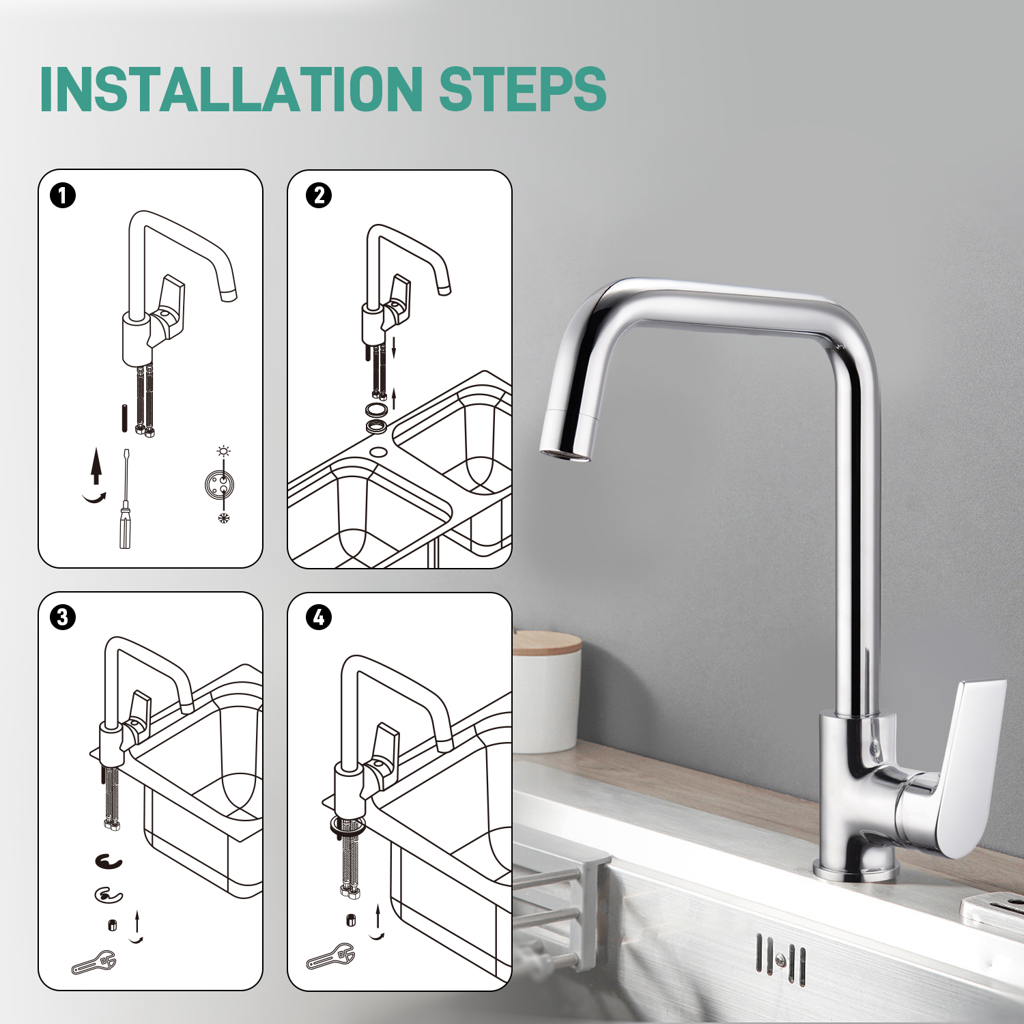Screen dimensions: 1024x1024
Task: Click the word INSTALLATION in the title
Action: click(x=232, y=89)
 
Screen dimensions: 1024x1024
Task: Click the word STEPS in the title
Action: click(x=522, y=89)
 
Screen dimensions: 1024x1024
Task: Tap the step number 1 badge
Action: click(x=63, y=196)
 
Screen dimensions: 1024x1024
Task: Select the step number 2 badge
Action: click(x=319, y=196)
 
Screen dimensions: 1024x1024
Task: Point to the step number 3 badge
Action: click(x=63, y=618)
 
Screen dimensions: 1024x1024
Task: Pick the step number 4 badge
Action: click(x=319, y=618)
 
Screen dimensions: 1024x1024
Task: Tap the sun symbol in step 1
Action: click(x=223, y=451)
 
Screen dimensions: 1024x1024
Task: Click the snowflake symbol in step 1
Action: click(x=223, y=518)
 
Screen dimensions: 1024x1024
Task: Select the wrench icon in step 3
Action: click(x=94, y=963)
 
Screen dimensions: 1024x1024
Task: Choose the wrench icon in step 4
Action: click(x=330, y=956)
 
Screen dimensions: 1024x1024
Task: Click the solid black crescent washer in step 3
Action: click(x=109, y=862)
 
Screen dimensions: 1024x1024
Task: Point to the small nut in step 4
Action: click(x=351, y=920)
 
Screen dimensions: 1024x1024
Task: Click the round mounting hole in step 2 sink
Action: click(x=378, y=452)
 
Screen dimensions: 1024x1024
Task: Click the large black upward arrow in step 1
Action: click(x=97, y=466)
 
